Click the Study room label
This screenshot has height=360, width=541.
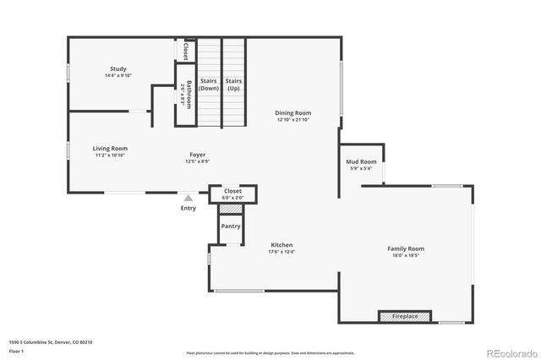117,69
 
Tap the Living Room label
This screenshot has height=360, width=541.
110,148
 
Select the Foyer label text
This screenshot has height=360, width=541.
197,155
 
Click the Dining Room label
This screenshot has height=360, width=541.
293,112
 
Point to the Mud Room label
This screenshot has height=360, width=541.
361,161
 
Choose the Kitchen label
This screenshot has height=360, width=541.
281,244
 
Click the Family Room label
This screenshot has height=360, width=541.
406,248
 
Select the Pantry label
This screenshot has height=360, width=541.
231,226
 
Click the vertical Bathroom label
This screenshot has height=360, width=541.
189,95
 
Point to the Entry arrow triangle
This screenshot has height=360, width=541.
188,199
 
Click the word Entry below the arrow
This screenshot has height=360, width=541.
188,209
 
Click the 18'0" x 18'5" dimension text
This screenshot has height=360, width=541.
406,255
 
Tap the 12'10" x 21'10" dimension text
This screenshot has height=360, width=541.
293,119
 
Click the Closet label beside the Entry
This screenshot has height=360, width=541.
232,191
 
